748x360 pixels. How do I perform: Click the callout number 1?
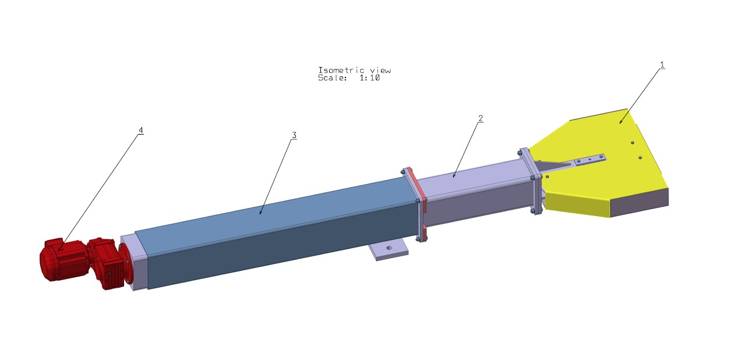pos(662,65)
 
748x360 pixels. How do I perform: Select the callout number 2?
pos(481,118)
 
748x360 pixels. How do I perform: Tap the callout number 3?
pos(294,135)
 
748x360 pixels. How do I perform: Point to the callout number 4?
pos(141,130)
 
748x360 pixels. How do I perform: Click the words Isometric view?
pos(354,70)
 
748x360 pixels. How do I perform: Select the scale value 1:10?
pos(370,78)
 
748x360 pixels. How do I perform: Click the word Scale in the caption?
pos(332,78)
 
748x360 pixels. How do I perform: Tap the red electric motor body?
pos(63,260)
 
